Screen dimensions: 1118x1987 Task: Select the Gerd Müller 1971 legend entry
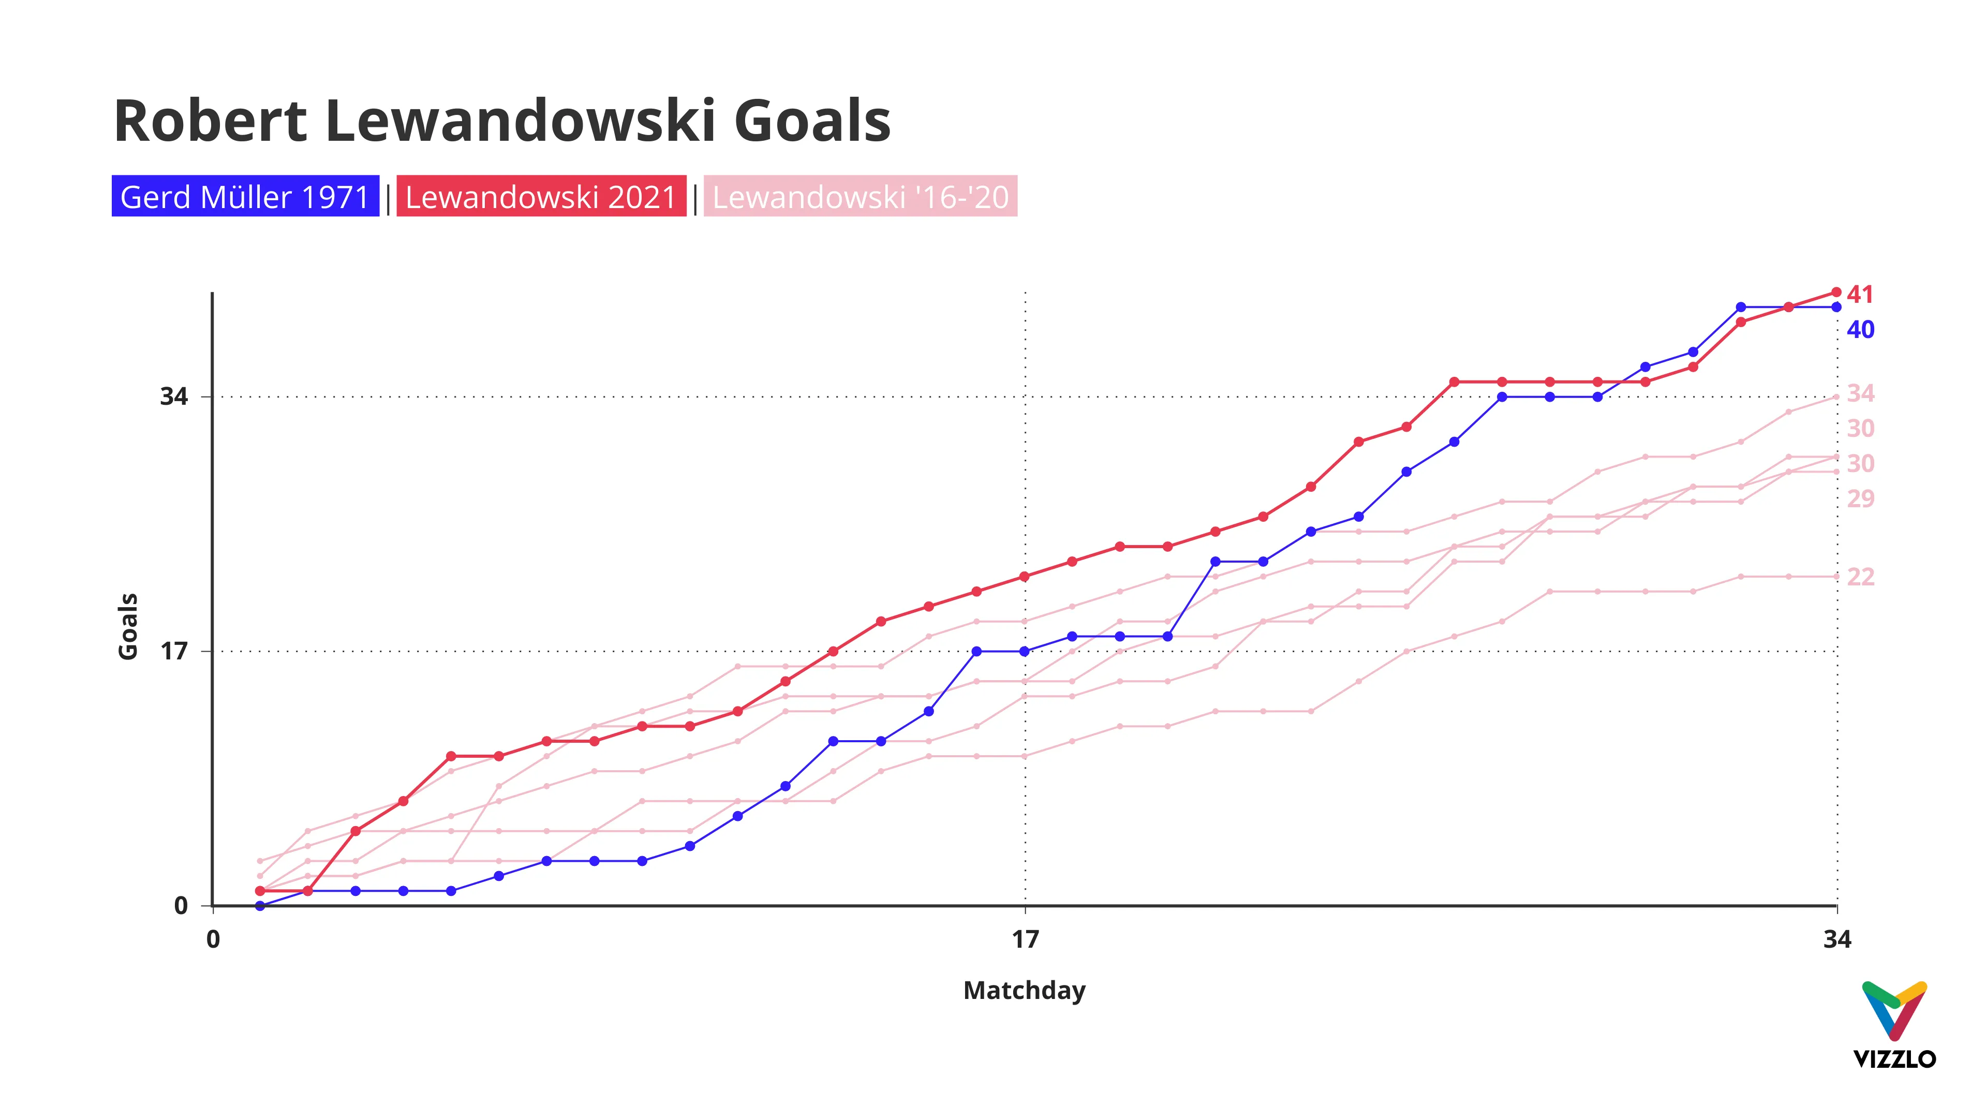point(245,197)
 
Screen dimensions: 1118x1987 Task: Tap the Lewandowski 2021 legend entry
point(541,197)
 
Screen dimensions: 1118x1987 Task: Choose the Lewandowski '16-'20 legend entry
point(860,197)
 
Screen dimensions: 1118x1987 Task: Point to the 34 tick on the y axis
point(173,396)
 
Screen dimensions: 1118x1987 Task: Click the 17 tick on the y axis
point(173,651)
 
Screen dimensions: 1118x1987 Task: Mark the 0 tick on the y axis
point(181,905)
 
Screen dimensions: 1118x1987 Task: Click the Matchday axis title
point(1025,990)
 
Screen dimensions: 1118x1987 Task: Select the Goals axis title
point(128,626)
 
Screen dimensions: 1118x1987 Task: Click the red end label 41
point(1860,294)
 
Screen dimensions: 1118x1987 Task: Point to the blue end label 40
point(1860,330)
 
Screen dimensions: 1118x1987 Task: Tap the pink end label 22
point(1860,577)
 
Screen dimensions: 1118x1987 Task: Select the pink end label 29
point(1860,498)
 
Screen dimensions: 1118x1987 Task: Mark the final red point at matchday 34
point(1836,292)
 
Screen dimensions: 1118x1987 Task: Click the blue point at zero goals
point(260,906)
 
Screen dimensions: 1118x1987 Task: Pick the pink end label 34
point(1860,393)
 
